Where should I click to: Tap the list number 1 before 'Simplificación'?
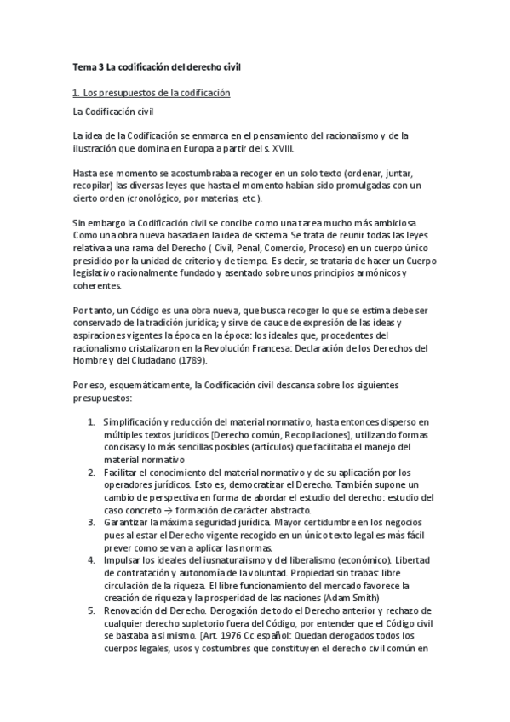(x=91, y=421)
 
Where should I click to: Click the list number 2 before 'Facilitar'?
(x=91, y=473)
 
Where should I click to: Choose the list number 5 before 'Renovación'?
(x=91, y=610)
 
